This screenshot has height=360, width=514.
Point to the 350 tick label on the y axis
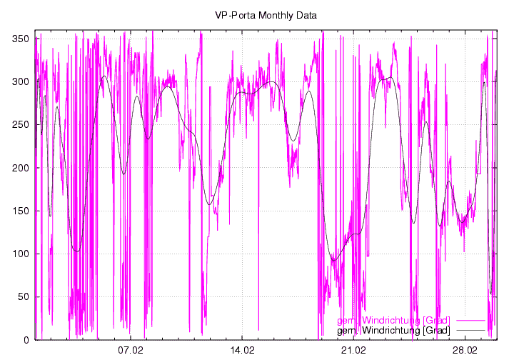coord(20,39)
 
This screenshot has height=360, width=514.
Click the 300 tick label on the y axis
coord(20,81)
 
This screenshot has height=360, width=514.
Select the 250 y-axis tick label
coord(20,125)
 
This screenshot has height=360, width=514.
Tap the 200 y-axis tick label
coord(20,168)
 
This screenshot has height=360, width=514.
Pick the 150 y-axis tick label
coord(20,211)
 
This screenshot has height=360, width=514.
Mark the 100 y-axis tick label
coord(20,254)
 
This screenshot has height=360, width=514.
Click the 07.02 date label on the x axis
coord(131,351)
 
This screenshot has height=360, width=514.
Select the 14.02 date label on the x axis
coord(243,351)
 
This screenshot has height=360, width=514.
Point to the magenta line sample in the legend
coord(470,320)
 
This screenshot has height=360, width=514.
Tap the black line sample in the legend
coord(470,331)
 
